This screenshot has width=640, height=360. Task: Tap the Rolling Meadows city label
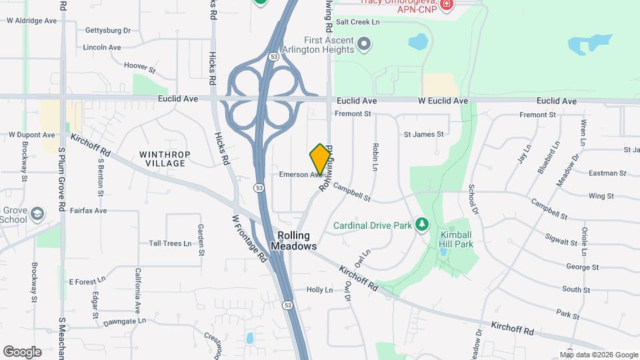point(294,241)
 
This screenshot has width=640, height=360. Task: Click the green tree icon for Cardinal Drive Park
point(421,225)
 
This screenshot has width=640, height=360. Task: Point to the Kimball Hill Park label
point(456,239)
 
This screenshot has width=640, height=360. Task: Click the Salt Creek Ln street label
point(357,22)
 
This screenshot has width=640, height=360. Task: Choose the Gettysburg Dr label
point(107,31)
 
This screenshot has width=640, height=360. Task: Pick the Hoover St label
point(140,67)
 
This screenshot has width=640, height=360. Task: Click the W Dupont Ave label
point(31,135)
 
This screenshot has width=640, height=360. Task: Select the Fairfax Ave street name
point(88,211)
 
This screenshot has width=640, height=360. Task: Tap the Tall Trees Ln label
point(170,243)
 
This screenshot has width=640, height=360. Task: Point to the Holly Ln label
point(319,290)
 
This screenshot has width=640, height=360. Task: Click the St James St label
point(423,135)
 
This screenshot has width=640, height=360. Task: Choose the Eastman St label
point(607,173)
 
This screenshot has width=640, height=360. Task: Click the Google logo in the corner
point(22,351)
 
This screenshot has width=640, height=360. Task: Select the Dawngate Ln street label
point(125,321)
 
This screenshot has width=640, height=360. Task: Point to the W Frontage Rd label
point(249,237)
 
